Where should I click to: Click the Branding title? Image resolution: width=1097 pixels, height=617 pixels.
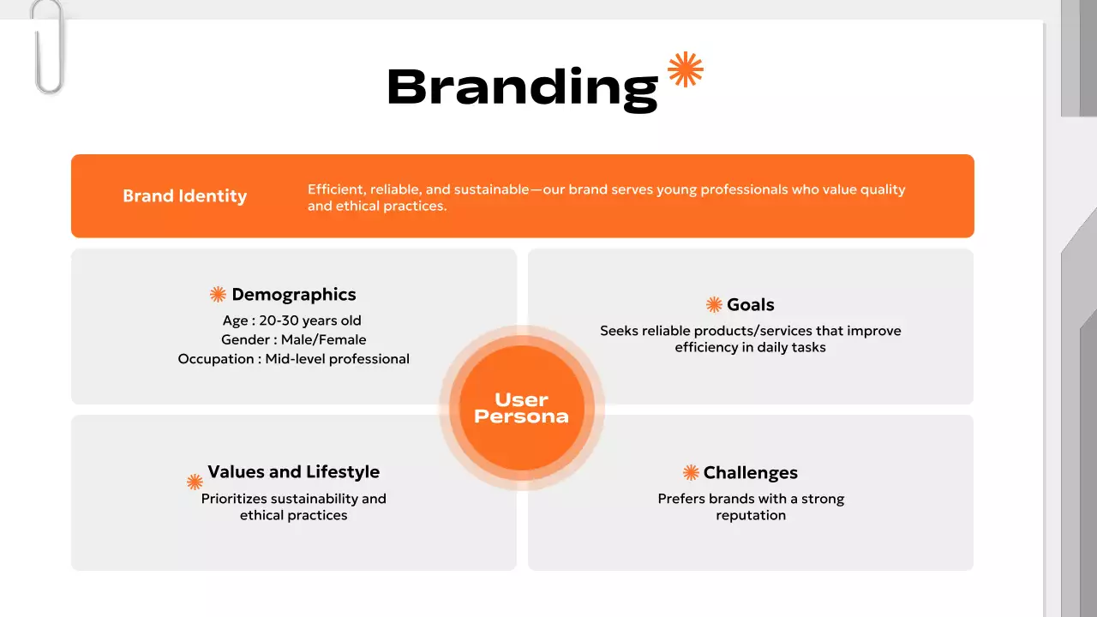(x=522, y=87)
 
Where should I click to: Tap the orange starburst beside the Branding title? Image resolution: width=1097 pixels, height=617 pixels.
(x=686, y=69)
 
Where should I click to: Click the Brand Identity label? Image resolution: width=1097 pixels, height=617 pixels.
(x=184, y=195)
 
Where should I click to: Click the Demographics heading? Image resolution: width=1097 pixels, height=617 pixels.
(x=294, y=295)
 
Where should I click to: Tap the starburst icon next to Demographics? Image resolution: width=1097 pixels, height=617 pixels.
(x=218, y=295)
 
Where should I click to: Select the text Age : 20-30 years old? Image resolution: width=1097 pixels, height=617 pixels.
(x=292, y=320)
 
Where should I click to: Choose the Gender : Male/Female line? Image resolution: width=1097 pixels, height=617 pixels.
(x=293, y=339)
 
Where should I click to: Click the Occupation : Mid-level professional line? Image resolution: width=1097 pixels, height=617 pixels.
(x=293, y=358)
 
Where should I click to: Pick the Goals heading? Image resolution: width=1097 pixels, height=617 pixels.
(x=750, y=304)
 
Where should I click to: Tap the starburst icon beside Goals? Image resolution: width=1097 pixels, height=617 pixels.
(x=714, y=305)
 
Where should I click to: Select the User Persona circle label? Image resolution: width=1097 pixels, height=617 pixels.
(x=521, y=408)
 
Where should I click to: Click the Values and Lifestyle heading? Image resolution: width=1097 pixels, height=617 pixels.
(x=293, y=472)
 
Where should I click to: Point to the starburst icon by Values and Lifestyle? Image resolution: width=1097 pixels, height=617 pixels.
(x=195, y=482)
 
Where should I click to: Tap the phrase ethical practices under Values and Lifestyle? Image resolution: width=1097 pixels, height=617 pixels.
(x=293, y=515)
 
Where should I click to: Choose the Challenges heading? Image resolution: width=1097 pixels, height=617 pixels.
(x=750, y=473)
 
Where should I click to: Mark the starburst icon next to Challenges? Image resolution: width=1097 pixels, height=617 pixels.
(x=691, y=473)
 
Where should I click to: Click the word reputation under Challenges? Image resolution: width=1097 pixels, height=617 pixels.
(x=751, y=515)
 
